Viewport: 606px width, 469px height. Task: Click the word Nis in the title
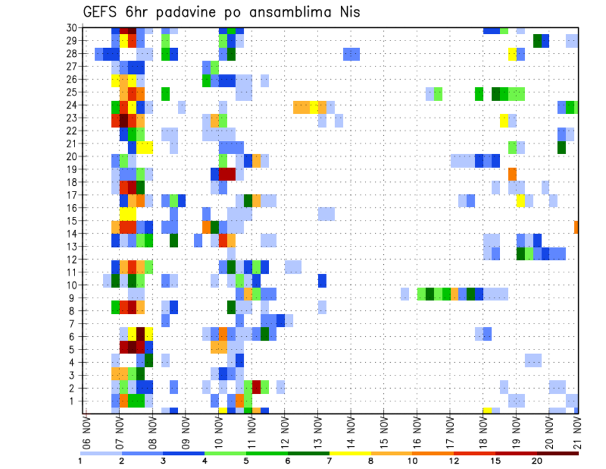348,12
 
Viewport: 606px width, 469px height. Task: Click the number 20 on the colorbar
537,461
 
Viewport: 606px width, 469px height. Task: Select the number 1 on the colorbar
80,461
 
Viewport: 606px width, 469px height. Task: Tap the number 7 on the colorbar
330,461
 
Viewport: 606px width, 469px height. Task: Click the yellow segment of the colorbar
350,453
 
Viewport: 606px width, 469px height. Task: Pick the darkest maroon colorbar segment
558,453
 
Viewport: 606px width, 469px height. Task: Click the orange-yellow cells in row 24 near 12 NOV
310,107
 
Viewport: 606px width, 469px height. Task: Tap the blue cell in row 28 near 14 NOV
352,54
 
